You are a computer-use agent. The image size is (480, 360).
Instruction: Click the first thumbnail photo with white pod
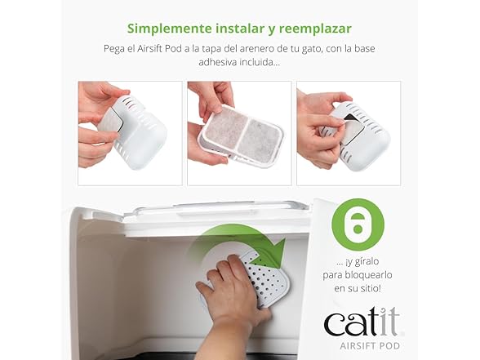[130, 133]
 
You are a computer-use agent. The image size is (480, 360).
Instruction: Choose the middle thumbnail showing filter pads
[239, 133]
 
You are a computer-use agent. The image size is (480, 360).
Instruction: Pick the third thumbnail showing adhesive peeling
[348, 133]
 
